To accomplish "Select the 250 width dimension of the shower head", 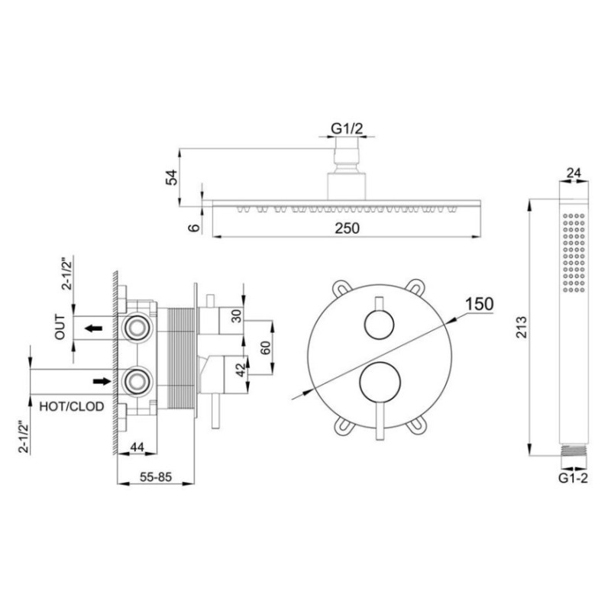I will coord(348,227).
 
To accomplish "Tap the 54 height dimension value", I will coord(173,177).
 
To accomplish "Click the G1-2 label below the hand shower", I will coord(573,480).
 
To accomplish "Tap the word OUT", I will coord(61,329).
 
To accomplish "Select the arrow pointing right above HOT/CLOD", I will coord(100,379).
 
